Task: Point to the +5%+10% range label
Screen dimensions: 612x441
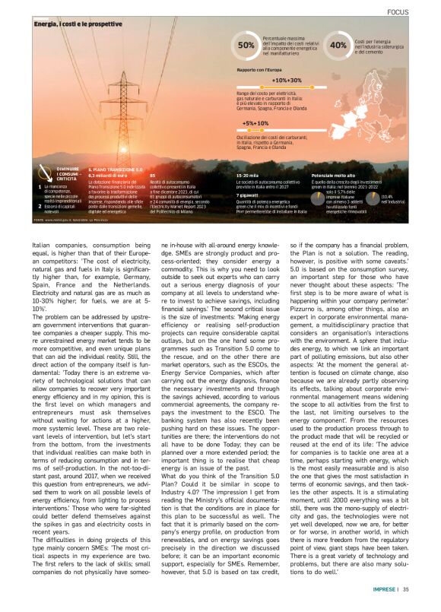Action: [255, 122]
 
